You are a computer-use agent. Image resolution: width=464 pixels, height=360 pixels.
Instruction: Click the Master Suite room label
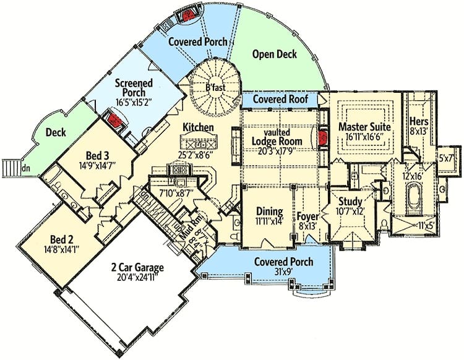(x=364, y=127)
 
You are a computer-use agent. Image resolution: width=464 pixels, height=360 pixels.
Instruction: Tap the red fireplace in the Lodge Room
(x=323, y=137)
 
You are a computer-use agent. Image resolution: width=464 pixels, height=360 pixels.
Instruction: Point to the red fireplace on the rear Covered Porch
(x=187, y=15)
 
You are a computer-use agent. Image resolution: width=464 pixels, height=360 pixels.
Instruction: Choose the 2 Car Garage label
(x=137, y=267)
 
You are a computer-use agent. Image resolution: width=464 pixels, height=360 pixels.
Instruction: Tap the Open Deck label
(x=275, y=54)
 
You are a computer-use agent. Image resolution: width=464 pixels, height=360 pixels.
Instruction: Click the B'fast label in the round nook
(x=215, y=87)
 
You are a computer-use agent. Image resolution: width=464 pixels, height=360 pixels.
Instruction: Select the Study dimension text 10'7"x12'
(x=350, y=212)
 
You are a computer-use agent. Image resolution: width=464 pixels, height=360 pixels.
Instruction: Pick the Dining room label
(x=269, y=211)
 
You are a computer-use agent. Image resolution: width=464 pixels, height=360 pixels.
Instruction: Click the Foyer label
(x=307, y=216)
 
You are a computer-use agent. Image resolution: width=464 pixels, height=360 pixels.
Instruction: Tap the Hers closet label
(x=419, y=121)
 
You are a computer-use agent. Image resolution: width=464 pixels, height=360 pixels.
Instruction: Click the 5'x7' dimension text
(x=446, y=158)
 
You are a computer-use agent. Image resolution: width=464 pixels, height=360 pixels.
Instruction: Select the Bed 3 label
(x=97, y=155)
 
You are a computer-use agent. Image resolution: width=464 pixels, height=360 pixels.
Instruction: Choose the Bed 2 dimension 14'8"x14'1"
(x=61, y=249)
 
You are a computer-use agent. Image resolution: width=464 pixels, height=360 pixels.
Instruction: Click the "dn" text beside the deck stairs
(x=26, y=168)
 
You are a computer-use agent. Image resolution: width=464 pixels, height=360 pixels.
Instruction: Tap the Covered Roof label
(x=280, y=99)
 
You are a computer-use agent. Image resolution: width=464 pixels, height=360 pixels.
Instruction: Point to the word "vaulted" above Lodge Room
(x=277, y=132)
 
